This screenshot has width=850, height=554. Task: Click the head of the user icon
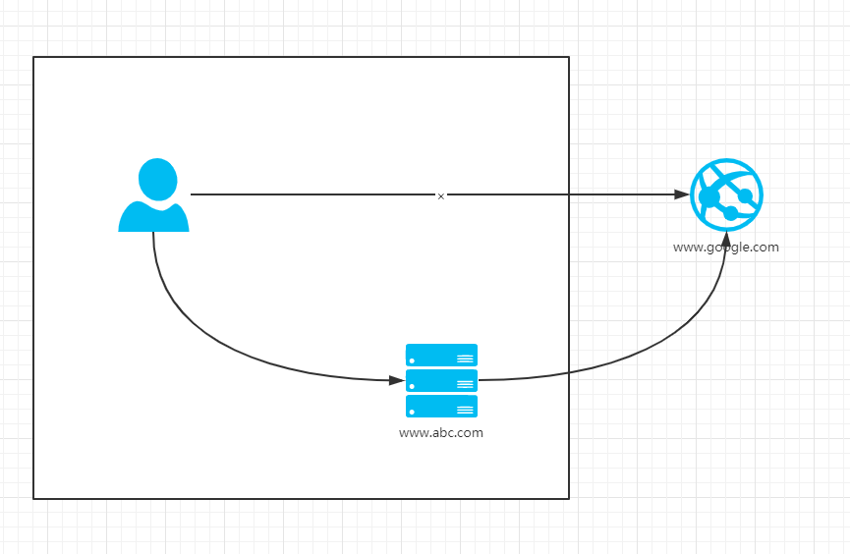pos(157,180)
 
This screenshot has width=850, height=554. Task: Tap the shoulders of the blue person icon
pos(153,218)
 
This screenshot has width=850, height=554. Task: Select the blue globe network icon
pos(726,194)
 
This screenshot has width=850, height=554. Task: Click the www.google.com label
pos(725,248)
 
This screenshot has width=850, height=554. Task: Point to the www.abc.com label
pos(441,432)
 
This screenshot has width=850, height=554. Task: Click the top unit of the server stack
pos(441,355)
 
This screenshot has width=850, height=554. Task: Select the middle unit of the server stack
pos(441,380)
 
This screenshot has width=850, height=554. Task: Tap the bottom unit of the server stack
pos(441,406)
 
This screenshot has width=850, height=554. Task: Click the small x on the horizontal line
pos(441,196)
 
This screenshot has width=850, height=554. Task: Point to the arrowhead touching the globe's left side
pos(683,194)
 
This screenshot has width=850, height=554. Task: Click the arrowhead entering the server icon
pos(397,379)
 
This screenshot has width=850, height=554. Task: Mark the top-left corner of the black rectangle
pos(33,57)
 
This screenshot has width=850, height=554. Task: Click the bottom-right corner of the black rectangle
pos(569,498)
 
